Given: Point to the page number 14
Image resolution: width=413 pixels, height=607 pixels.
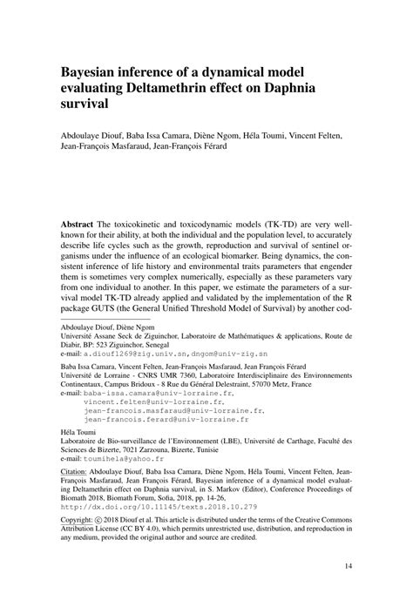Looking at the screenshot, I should pyautogui.click(x=348, y=567).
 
